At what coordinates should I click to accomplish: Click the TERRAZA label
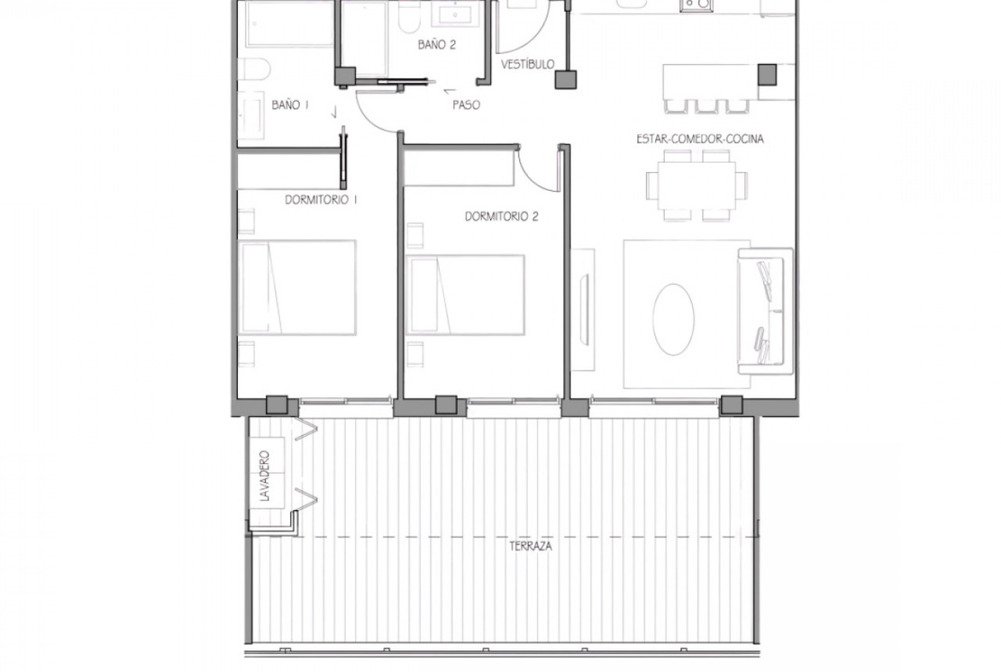(530, 546)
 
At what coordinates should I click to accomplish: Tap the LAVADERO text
(265, 476)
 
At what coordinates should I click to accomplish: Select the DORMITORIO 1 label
(321, 200)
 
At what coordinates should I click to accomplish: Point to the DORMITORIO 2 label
(501, 217)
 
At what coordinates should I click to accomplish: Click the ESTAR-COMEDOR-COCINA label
(700, 139)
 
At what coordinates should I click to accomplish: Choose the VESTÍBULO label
(527, 64)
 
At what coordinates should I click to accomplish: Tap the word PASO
(466, 104)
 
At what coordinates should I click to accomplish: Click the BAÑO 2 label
(436, 45)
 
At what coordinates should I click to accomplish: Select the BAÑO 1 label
(290, 104)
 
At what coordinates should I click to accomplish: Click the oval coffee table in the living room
(673, 319)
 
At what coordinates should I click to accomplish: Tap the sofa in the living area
(765, 311)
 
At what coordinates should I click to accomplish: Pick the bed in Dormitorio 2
(465, 294)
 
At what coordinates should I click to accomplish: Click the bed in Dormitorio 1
(297, 288)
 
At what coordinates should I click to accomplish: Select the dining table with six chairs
(696, 185)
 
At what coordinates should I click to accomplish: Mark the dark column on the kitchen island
(767, 74)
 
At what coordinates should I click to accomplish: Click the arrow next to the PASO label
(450, 92)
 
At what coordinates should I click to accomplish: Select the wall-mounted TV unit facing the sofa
(583, 310)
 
